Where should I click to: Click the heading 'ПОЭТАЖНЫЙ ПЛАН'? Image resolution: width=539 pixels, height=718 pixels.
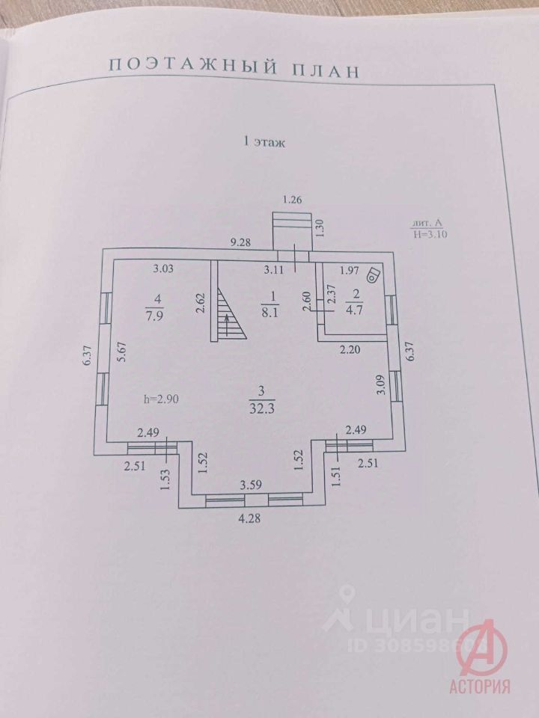234,68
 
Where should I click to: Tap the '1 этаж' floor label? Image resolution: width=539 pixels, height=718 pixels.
264,142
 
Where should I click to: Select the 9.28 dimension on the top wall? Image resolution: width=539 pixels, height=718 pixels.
240,242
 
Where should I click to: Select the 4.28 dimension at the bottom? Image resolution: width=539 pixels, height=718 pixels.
249,519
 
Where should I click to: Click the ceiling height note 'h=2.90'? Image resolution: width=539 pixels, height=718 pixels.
161,399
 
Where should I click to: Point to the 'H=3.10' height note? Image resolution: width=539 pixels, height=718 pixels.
430,234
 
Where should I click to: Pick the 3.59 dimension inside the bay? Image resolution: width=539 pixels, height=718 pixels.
252,485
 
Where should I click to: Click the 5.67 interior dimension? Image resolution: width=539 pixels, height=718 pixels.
121,352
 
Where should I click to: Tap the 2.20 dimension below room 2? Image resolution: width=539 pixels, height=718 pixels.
350,350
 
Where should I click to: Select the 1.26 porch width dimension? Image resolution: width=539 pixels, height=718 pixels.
293,200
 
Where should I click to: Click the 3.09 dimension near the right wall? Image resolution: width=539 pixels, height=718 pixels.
380,386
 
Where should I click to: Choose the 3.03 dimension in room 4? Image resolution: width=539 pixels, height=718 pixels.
163,269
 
